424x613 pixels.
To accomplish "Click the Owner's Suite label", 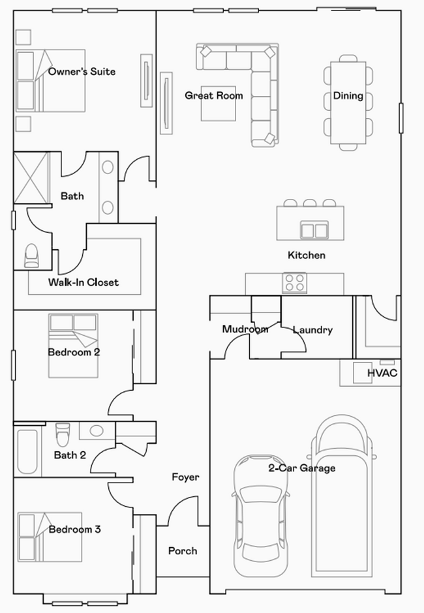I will tap(82, 71).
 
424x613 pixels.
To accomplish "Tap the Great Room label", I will tap(213, 96).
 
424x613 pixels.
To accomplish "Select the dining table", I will tap(348, 102).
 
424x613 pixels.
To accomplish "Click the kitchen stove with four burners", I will tap(294, 284).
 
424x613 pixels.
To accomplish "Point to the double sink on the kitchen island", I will tap(314, 230).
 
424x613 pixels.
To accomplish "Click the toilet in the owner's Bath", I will tap(31, 256).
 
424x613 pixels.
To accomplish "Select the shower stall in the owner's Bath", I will tap(32, 178).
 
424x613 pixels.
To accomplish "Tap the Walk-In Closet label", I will tap(83, 282).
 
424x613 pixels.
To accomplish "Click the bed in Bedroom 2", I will tap(72, 346).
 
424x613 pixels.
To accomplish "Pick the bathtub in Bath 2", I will tap(27, 451).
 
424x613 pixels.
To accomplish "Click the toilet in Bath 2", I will tap(63, 434).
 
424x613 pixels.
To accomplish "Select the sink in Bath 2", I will tap(97, 431).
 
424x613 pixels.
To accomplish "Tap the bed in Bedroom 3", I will tap(50, 537).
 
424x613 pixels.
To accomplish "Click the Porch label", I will tap(183, 551).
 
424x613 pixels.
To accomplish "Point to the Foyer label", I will tap(185, 477).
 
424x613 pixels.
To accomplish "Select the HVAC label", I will tap(382, 373).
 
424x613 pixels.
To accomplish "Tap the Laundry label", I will tap(312, 330).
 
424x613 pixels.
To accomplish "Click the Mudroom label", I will tap(245, 329).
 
